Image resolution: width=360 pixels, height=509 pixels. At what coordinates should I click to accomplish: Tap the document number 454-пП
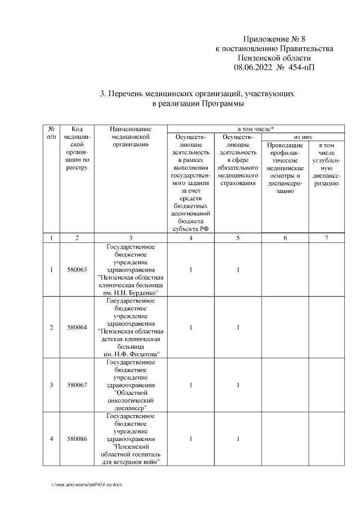(302, 67)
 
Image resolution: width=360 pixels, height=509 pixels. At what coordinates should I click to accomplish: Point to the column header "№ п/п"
(51, 133)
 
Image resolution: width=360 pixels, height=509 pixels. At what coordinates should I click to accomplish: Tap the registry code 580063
(77, 270)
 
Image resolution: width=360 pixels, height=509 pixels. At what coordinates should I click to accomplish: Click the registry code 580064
(77, 327)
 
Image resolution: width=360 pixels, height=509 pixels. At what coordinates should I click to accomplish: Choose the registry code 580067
(77, 385)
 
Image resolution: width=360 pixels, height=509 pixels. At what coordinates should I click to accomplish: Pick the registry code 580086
(77, 439)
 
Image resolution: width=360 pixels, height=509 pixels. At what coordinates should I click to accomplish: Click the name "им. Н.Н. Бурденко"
(130, 293)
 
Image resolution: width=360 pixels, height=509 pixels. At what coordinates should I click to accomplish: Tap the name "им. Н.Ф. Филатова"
(130, 354)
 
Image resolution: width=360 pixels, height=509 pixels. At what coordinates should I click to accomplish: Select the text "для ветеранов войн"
(130, 462)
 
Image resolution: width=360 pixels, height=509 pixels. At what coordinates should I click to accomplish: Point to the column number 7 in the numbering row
(326, 238)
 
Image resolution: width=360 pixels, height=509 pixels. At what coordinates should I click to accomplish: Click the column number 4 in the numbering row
(191, 238)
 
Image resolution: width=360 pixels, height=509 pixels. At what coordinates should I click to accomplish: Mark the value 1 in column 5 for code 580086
(238, 439)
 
